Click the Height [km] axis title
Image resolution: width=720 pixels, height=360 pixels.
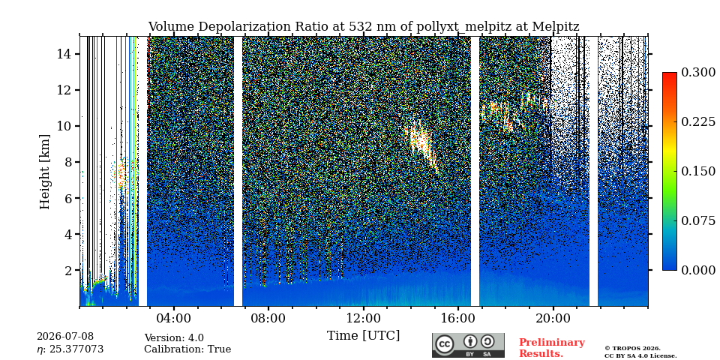pos(44,172)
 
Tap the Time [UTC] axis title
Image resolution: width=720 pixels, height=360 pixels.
pos(363,336)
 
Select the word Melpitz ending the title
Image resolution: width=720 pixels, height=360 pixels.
pos(556,27)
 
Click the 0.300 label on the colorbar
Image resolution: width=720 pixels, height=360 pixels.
pos(698,73)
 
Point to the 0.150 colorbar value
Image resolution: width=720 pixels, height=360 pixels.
pos(698,171)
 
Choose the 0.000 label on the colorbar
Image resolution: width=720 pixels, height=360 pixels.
pos(698,271)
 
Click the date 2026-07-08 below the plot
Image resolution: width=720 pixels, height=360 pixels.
pos(65,337)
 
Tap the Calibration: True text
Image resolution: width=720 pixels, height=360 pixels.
pos(187,349)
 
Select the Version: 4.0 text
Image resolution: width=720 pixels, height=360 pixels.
pos(174,338)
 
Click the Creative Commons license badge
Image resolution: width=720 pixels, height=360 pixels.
pos(468,345)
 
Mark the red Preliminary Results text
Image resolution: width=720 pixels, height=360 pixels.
pos(552,348)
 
